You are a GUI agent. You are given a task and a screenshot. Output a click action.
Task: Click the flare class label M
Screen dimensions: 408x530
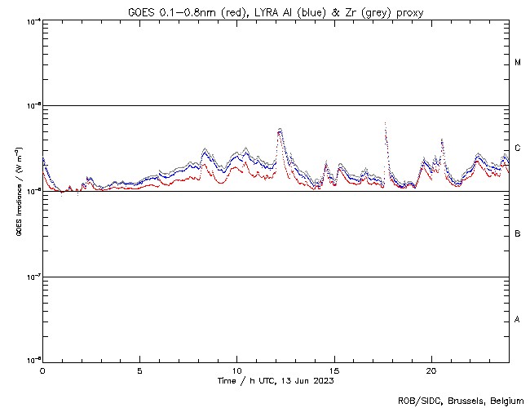coord(519,63)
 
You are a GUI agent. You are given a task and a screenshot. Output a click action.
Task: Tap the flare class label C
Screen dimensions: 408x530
coord(519,149)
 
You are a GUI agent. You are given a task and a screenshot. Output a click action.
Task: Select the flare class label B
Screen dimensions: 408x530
coord(519,234)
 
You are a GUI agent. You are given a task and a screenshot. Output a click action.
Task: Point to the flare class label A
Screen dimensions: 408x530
coord(519,319)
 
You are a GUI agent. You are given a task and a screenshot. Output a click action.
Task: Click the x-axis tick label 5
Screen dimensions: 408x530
coord(139,370)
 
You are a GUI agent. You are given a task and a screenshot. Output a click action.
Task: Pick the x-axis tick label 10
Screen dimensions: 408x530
coord(236,370)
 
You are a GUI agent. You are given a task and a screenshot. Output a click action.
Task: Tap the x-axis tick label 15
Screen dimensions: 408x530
coord(333,370)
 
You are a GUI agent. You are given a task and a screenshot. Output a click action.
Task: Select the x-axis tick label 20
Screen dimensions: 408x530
coord(431,370)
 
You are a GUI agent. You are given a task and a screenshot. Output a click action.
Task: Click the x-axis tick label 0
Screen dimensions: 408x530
coord(42,370)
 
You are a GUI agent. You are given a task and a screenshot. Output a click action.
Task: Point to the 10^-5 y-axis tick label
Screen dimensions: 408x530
coord(33,105)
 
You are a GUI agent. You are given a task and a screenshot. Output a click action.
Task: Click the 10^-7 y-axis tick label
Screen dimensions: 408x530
coord(33,277)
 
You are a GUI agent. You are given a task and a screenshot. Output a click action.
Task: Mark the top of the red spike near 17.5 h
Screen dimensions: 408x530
coord(385,123)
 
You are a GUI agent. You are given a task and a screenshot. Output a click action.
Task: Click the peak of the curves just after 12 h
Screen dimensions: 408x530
coord(280,129)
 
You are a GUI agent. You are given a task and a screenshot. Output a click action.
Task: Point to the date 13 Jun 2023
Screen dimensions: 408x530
coord(306,380)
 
